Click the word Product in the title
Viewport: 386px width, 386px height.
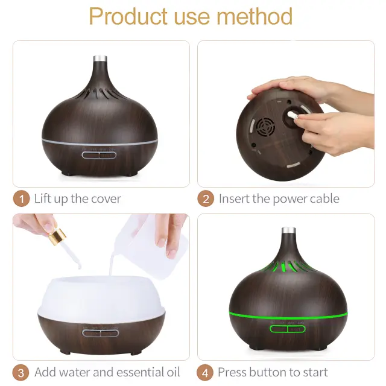click(x=128, y=16)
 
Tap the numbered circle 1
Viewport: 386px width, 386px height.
click(x=22, y=198)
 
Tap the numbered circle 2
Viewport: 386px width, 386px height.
click(x=206, y=198)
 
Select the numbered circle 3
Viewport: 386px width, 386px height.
click(x=21, y=373)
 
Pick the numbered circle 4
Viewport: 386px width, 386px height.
click(x=205, y=373)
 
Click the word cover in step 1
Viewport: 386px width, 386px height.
click(x=106, y=199)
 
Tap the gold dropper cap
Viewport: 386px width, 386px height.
click(x=57, y=237)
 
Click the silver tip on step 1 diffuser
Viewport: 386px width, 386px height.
click(x=100, y=59)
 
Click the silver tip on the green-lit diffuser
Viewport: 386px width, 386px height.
click(x=288, y=230)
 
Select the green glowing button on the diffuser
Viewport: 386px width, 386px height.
click(x=287, y=329)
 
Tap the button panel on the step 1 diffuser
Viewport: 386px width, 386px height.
click(x=99, y=156)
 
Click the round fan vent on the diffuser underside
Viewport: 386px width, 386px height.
click(x=265, y=127)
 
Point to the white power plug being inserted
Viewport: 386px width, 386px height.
click(x=292, y=115)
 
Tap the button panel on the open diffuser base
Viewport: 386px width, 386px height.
click(x=101, y=333)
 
